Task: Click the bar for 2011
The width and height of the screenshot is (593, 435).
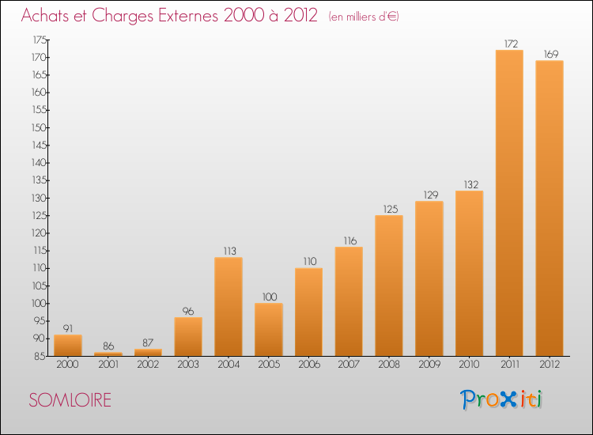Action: [x=509, y=202]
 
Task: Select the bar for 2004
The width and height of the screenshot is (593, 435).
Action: [x=229, y=306]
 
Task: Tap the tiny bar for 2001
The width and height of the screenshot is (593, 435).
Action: [x=108, y=354]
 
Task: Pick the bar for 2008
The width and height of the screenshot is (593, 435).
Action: [x=389, y=286]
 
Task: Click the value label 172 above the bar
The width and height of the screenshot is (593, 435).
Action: [x=511, y=43]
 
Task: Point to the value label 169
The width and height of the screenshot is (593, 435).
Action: [x=551, y=54]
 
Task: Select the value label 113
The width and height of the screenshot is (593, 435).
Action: [x=229, y=252]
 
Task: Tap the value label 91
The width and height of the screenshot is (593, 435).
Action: [x=68, y=328]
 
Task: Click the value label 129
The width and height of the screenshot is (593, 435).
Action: [x=431, y=195]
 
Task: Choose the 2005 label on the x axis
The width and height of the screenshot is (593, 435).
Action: [x=269, y=365]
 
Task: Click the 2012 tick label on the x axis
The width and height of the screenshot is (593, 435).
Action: [x=550, y=365]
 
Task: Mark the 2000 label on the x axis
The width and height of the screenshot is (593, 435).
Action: [x=68, y=365]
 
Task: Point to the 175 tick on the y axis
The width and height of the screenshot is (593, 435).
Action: [x=40, y=40]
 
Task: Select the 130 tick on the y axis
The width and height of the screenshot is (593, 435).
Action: [x=39, y=198]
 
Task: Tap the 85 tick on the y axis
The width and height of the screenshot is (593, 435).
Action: [x=41, y=356]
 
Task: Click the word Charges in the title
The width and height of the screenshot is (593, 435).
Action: [x=123, y=16]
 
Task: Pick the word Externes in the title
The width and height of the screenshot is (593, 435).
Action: [x=188, y=15]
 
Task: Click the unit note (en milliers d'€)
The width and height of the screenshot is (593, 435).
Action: [x=364, y=17]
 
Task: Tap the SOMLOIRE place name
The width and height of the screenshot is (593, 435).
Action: [x=70, y=400]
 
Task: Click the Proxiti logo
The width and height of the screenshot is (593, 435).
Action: [x=501, y=399]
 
